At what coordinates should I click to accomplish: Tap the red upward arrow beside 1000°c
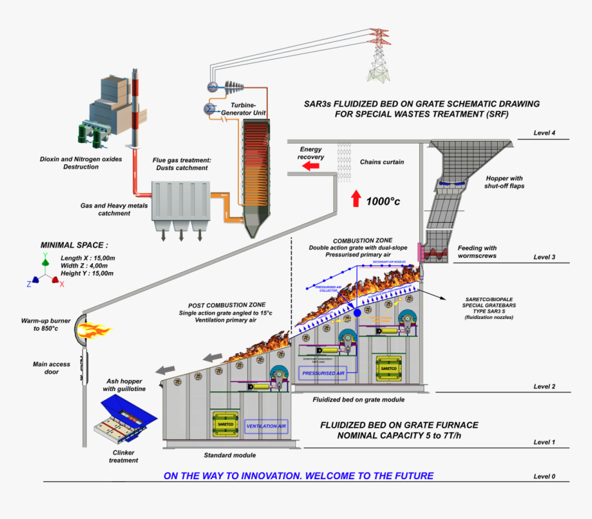[356, 198]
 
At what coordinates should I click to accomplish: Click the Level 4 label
[545, 133]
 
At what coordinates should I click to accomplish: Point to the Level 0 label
[545, 476]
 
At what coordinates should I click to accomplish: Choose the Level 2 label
[545, 386]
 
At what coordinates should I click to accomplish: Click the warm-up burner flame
[96, 332]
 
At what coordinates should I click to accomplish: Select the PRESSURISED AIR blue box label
[321, 374]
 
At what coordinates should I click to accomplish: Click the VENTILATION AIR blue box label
[266, 426]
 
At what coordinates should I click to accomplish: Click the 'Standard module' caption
[230, 455]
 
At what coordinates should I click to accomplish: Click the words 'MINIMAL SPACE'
[74, 245]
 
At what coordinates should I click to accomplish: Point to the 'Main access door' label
[54, 368]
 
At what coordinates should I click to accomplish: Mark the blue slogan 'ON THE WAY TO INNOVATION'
[298, 476]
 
